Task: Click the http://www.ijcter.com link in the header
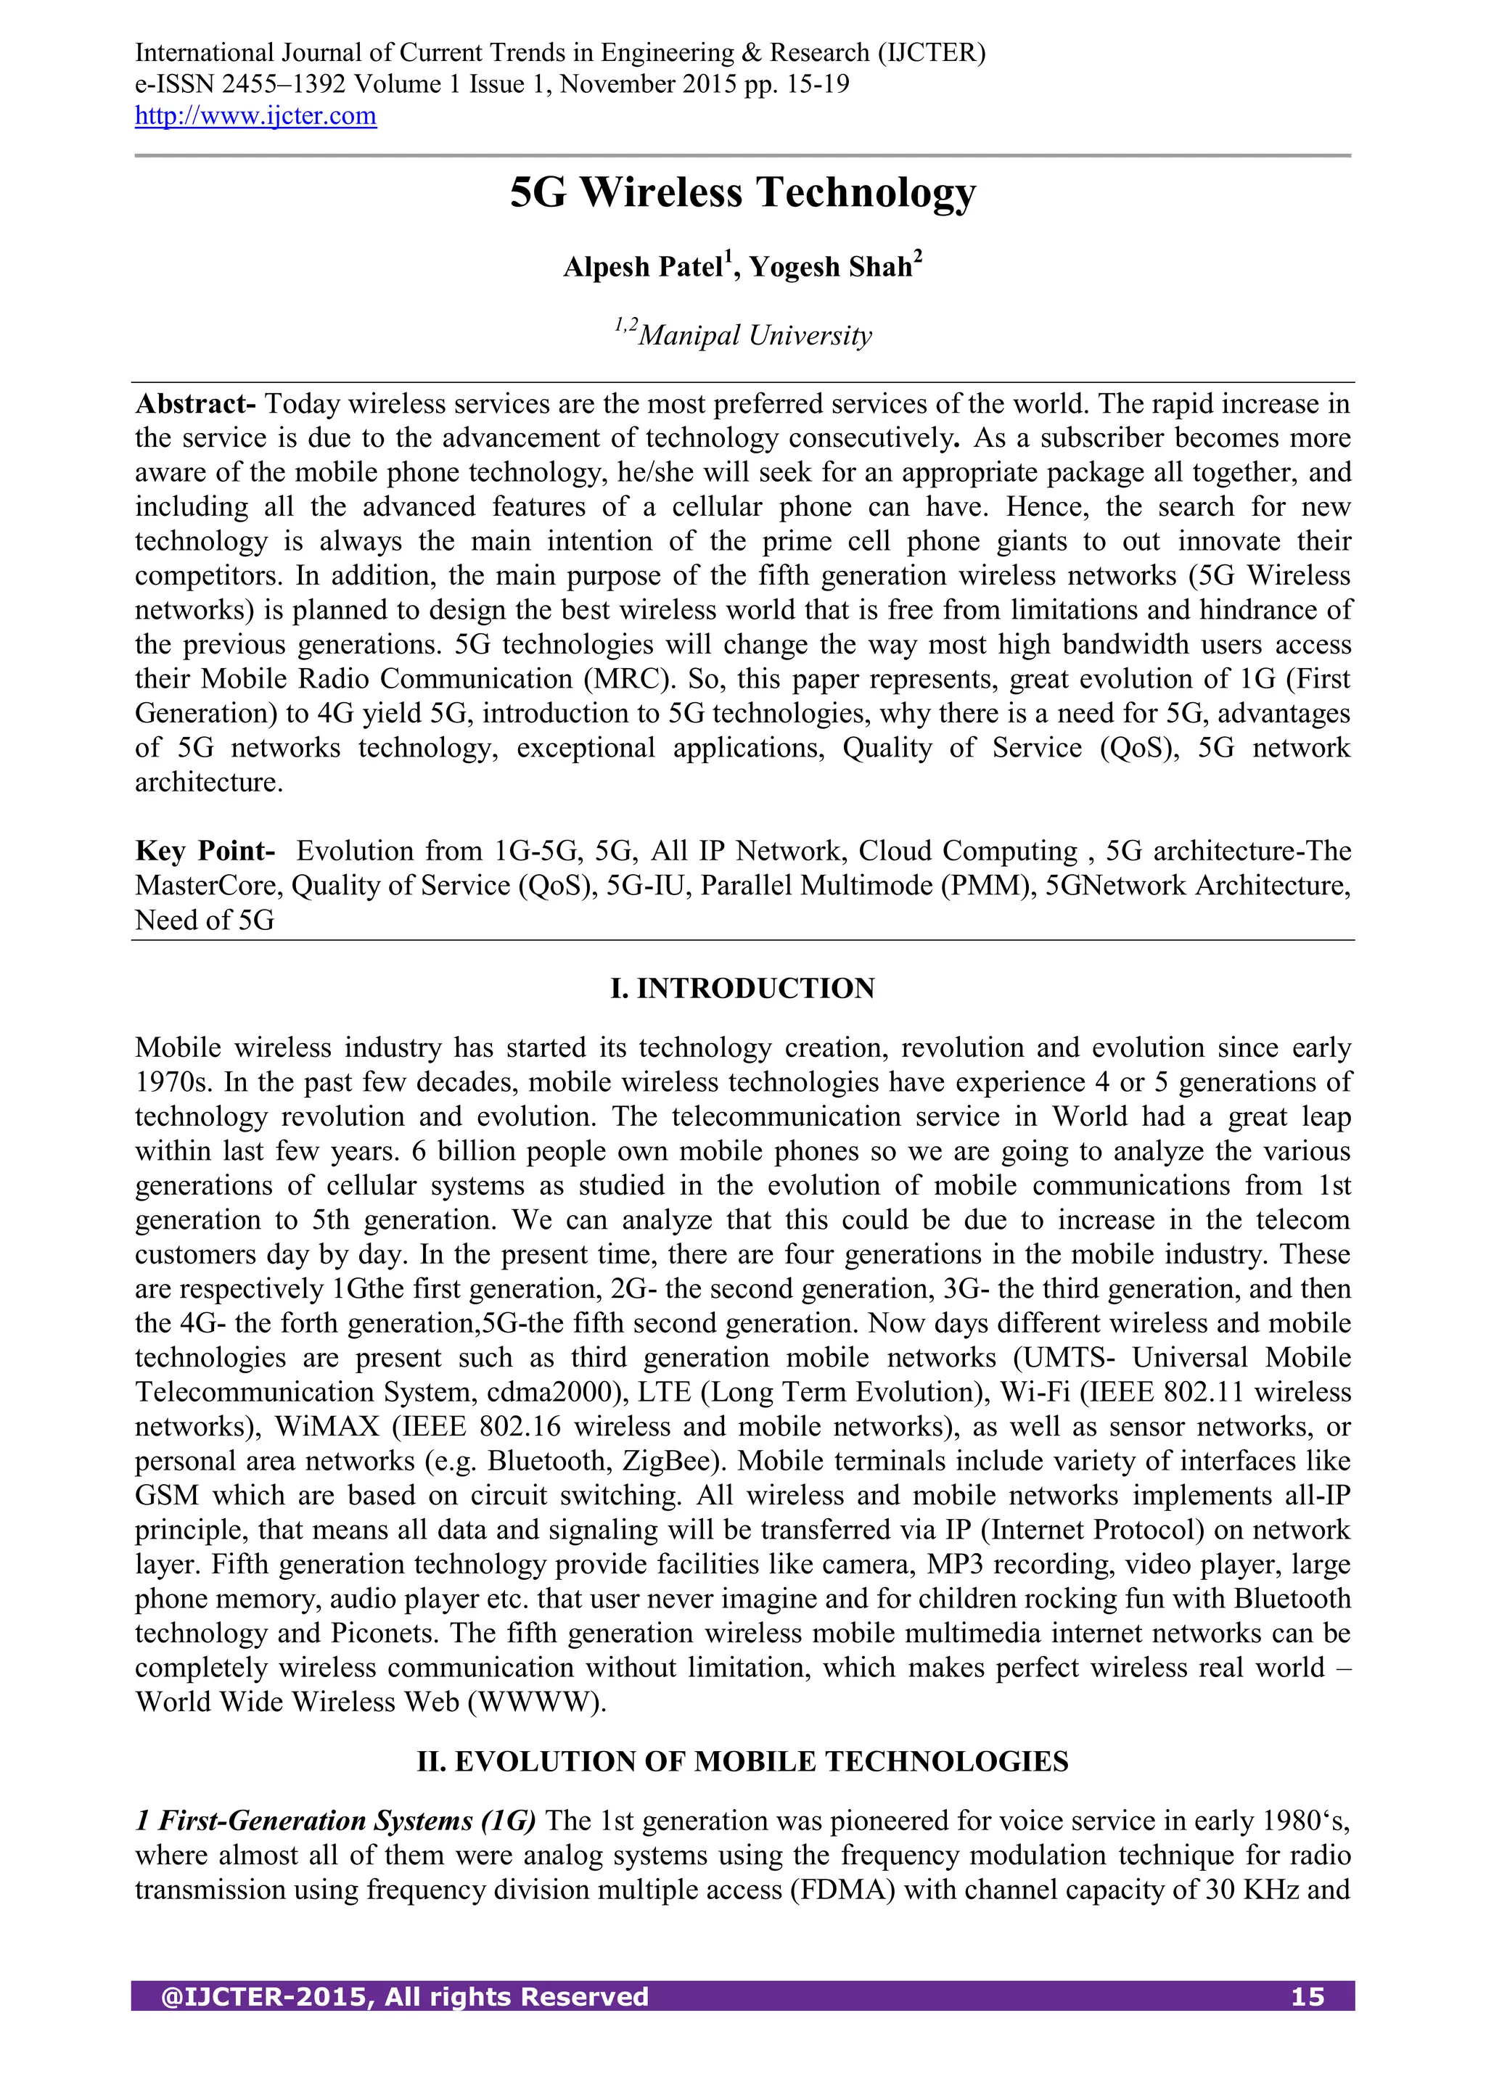(x=255, y=116)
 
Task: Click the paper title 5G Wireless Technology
(x=742, y=193)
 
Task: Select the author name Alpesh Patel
(x=644, y=267)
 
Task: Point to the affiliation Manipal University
(x=754, y=336)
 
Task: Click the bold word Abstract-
(x=195, y=404)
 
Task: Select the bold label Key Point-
(x=205, y=852)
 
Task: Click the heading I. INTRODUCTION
(x=742, y=989)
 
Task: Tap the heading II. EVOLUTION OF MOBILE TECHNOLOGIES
(x=742, y=1763)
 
